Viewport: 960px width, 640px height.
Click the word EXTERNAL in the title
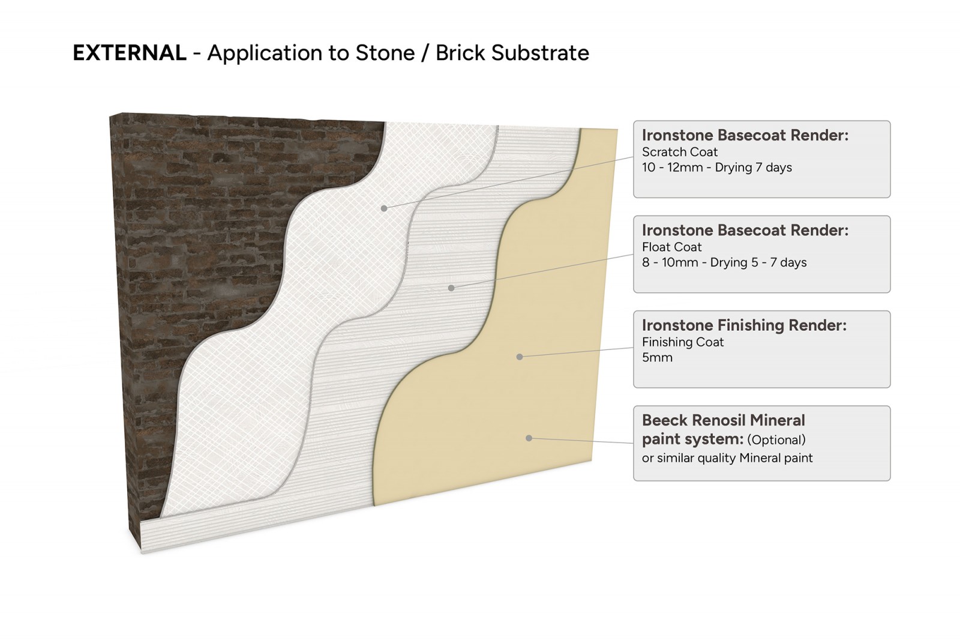(x=130, y=53)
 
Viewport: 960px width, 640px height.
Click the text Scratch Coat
(x=680, y=152)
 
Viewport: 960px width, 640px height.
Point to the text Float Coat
(x=671, y=247)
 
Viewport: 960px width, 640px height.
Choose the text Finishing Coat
(x=683, y=342)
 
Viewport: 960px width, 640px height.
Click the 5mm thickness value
(x=657, y=357)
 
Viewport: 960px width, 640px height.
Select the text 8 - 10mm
(x=670, y=262)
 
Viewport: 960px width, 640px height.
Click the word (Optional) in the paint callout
(x=776, y=439)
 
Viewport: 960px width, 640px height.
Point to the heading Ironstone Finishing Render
(x=744, y=325)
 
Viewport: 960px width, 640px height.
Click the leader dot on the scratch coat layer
(x=384, y=208)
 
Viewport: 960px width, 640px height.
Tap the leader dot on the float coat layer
(x=451, y=288)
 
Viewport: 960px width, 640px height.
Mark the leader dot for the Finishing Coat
(x=520, y=357)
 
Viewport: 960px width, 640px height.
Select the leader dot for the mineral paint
(x=529, y=438)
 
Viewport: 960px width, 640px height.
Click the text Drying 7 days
(x=753, y=168)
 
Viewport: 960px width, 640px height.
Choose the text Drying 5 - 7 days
(x=758, y=262)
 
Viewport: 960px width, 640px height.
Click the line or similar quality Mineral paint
(x=727, y=458)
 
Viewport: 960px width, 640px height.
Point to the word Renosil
(x=719, y=420)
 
